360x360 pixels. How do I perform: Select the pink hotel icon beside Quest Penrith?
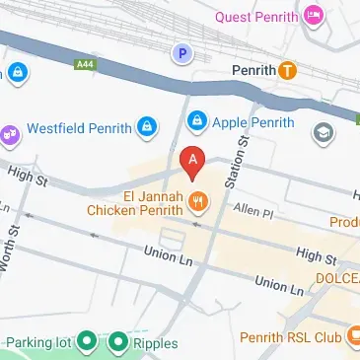coord(314,15)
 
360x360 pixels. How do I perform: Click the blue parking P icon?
coord(180,53)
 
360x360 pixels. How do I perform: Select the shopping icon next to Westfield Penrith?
coord(146,126)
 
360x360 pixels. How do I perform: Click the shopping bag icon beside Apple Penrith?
coord(196,121)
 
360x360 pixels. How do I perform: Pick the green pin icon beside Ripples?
coord(118,343)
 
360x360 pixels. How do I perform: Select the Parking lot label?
coord(39,343)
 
